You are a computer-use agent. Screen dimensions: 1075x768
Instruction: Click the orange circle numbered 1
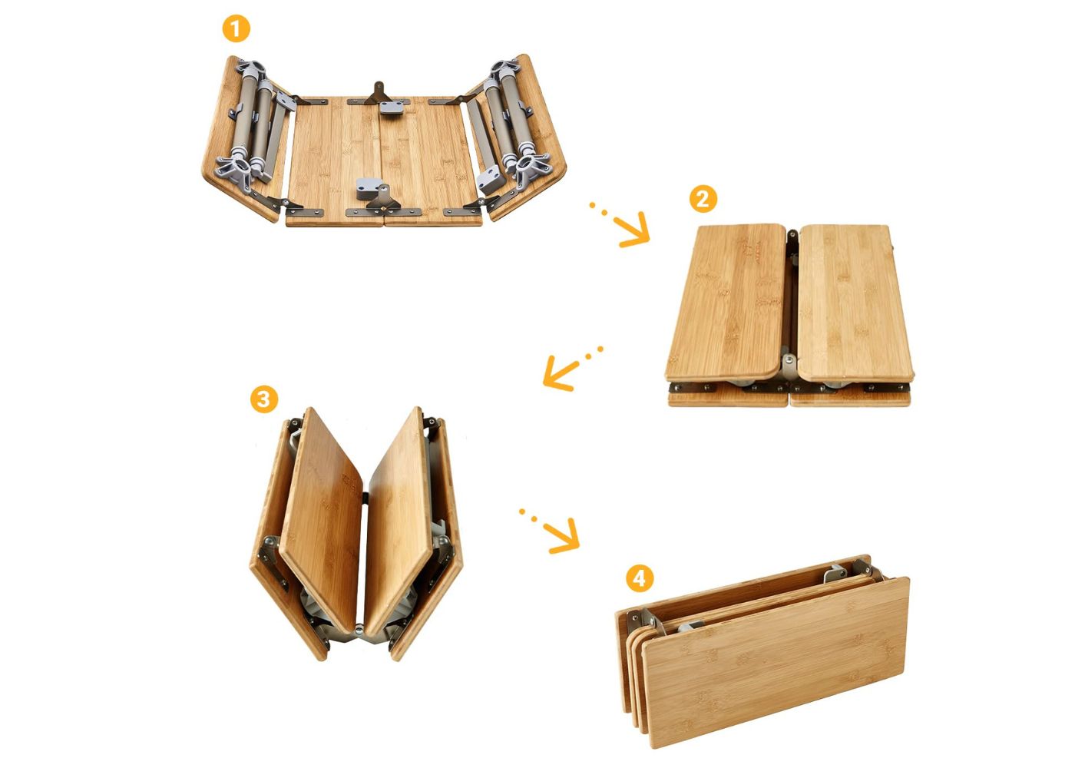[237, 29]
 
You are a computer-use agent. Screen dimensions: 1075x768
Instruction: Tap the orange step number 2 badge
[703, 199]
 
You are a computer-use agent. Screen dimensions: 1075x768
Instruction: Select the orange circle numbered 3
[264, 399]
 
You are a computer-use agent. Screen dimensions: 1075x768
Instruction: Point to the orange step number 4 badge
[640, 578]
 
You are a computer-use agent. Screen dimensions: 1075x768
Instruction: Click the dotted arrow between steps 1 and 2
[622, 226]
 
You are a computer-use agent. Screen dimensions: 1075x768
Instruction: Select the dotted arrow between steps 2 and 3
[571, 368]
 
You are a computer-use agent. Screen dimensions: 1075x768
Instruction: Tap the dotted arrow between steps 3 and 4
[552, 531]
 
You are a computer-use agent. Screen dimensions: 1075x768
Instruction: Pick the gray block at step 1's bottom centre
[369, 188]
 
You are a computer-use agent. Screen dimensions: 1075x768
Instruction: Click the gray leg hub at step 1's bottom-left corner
[237, 170]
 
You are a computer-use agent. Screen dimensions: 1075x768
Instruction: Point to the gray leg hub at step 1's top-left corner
[250, 70]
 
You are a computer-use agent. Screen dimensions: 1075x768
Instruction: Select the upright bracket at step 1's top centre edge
[378, 93]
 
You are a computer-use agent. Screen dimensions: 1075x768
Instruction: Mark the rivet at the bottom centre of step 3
[359, 626]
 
